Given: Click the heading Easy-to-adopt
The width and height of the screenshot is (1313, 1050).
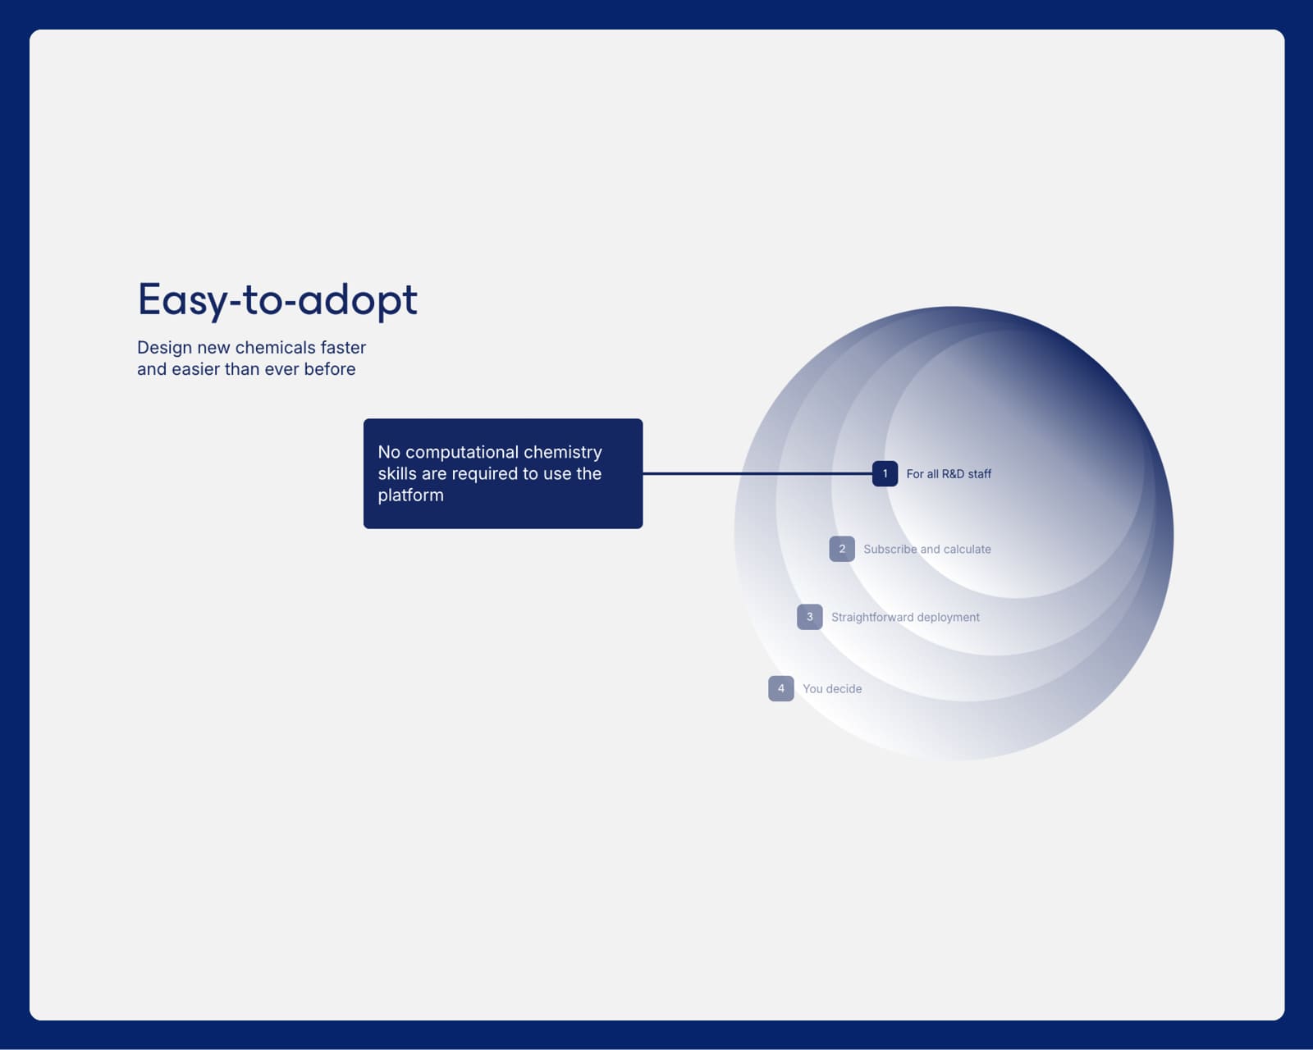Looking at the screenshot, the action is click(x=277, y=300).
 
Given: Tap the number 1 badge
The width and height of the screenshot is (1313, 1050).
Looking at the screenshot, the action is click(x=885, y=473).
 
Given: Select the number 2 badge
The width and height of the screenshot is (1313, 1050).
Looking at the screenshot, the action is click(x=842, y=549).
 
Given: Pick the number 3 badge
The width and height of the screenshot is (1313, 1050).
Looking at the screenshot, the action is click(x=810, y=617).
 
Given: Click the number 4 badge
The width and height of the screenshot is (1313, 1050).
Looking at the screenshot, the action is click(x=781, y=688).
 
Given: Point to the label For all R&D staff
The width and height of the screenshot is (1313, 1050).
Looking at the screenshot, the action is click(x=949, y=474).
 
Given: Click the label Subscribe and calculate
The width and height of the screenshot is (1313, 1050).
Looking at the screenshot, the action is click(x=926, y=549).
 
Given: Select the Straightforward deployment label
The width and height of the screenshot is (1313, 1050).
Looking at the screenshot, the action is click(x=905, y=618).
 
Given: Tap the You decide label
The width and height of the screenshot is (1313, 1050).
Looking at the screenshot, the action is click(x=832, y=689).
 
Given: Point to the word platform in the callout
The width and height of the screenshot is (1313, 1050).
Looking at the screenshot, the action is click(x=410, y=495).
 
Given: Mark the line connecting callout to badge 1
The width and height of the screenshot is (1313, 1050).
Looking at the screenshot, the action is click(x=757, y=473).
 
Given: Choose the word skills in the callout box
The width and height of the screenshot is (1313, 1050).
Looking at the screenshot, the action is click(x=396, y=474).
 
